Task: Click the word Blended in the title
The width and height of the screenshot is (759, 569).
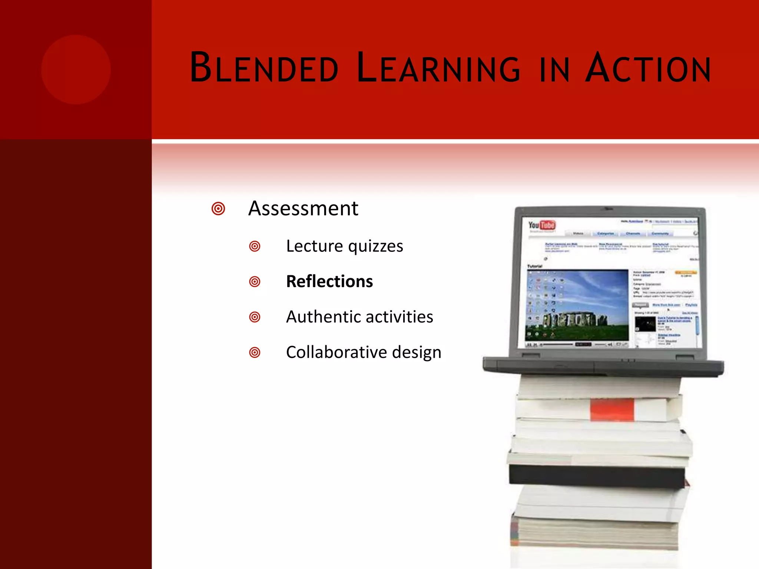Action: pos(264,68)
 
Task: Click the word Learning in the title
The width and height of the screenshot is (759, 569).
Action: pos(438,68)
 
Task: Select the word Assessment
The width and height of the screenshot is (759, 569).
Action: pos(303,208)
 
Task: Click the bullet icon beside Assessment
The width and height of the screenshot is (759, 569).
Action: pos(218,209)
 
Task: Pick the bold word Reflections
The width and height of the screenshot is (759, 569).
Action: pos(329,282)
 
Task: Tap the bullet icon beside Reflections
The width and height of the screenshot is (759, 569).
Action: pos(255,282)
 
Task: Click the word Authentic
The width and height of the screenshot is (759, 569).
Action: pos(318,317)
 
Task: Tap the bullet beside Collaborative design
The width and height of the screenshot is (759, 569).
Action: pos(255,352)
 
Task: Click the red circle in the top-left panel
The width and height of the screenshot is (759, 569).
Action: pos(76,70)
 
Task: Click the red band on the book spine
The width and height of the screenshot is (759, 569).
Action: pos(612,410)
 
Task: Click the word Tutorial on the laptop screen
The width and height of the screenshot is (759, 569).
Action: pos(534,266)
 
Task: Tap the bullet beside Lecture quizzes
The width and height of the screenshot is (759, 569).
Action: pos(255,246)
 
